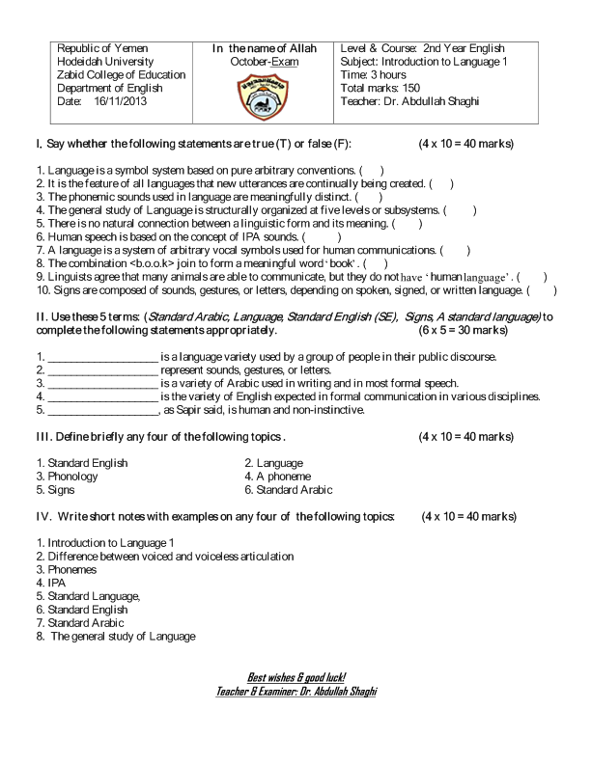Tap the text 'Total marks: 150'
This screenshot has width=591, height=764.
381,88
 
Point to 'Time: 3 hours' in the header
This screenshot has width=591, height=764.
374,74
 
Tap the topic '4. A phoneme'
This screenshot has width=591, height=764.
277,477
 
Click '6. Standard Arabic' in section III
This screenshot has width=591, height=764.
288,490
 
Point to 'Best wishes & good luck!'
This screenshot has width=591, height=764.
296,678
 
